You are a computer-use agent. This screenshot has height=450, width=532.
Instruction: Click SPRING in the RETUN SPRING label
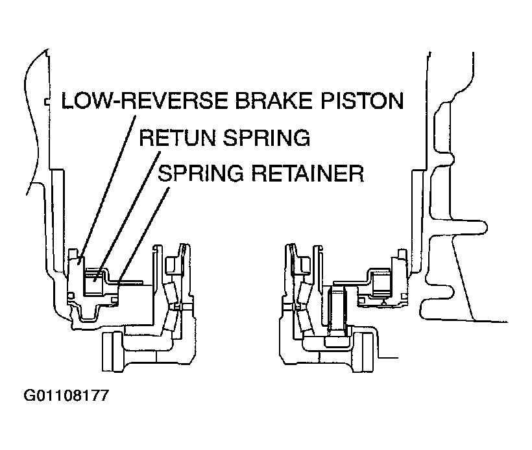coord(266,138)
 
